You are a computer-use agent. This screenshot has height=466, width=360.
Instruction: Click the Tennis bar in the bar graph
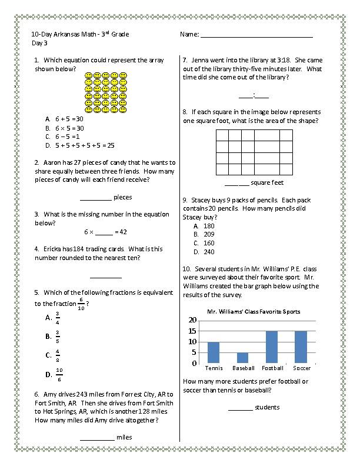click(x=214, y=352)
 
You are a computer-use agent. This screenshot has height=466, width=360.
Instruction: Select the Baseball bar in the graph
click(x=243, y=358)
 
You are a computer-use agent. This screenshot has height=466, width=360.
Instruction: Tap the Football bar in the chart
click(x=272, y=347)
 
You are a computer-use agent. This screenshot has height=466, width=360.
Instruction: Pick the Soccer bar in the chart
click(x=301, y=347)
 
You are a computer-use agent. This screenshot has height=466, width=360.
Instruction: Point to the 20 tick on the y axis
click(x=192, y=320)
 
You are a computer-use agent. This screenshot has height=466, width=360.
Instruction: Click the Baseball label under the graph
click(x=243, y=368)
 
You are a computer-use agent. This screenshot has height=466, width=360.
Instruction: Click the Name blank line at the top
click(x=256, y=36)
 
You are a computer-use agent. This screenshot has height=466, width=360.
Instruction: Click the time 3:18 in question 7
click(x=283, y=60)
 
